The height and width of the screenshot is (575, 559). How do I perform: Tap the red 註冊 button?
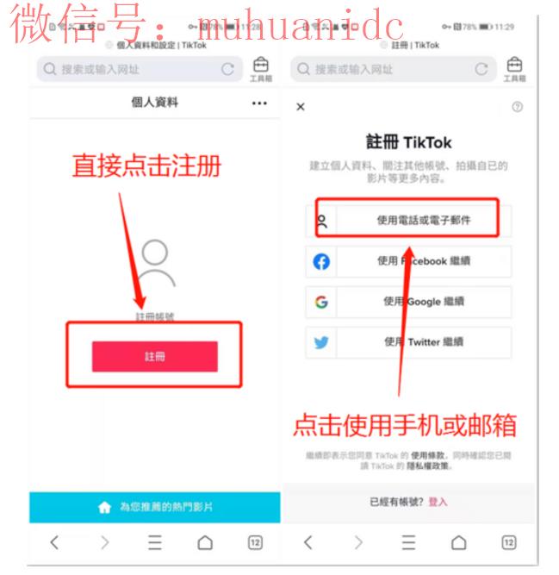pos(155,356)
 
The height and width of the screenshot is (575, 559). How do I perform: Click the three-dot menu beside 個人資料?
pos(259,103)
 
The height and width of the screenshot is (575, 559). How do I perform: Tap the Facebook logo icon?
pos(321,261)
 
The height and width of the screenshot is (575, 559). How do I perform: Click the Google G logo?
pos(321,302)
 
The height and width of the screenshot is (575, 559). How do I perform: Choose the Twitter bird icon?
pos(321,342)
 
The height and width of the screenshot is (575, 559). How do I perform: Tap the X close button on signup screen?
pos(300,107)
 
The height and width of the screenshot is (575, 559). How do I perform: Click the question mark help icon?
pos(517,107)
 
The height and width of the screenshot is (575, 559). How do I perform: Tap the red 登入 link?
pos(438,501)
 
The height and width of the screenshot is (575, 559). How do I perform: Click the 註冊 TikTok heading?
pos(408,142)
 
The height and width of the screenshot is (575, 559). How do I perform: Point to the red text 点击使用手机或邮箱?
pos(404,424)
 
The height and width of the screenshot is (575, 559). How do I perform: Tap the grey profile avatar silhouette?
pos(155,264)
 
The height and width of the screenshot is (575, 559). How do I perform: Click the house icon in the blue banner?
pos(104,508)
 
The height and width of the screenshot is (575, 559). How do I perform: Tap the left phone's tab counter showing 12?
pos(255,542)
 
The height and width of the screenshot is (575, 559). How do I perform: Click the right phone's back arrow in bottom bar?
pos(307,542)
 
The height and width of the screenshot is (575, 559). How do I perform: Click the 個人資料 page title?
pos(155,103)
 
